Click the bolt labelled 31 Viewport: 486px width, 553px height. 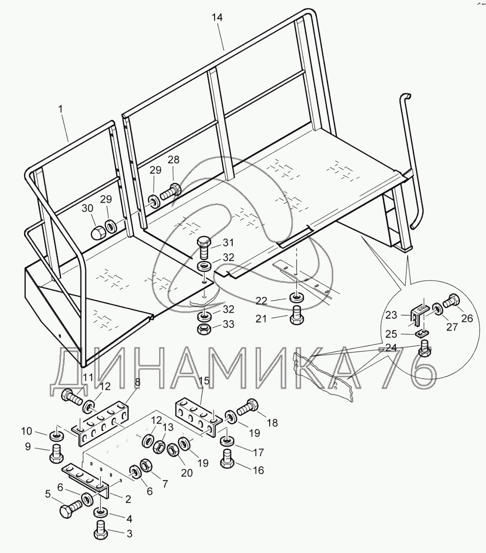coord(204,247)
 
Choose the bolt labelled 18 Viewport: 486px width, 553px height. coord(249,407)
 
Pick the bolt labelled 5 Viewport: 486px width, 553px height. coord(69,510)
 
